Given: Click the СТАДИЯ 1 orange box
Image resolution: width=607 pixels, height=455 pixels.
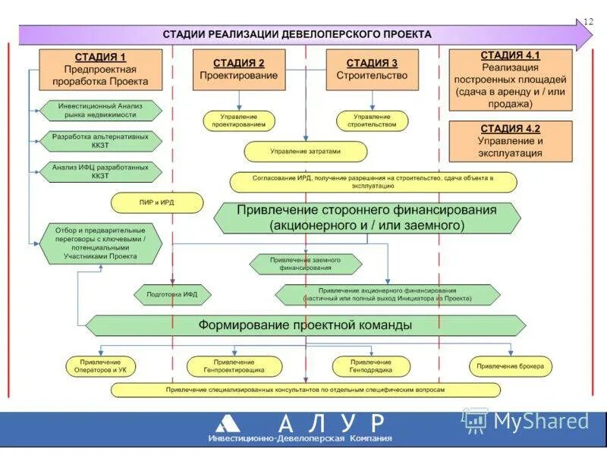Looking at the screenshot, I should [x=100, y=69].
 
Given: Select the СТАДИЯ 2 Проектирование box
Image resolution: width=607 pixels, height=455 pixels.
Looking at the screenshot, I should [x=238, y=70].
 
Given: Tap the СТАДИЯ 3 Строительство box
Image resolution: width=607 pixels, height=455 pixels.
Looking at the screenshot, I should [x=372, y=70].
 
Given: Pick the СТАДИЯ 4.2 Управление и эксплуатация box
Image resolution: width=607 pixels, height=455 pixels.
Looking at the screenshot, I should [x=510, y=141].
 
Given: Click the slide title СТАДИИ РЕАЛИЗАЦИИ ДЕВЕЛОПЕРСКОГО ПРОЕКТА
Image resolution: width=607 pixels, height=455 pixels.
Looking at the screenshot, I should [x=297, y=34].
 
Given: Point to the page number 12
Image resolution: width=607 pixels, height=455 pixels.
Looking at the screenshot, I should [x=587, y=22].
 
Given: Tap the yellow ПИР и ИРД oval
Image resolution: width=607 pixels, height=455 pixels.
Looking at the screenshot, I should [x=157, y=202].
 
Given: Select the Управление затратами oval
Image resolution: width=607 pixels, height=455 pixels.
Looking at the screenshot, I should [x=306, y=151].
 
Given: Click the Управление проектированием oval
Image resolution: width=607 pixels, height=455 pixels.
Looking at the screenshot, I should [x=238, y=121].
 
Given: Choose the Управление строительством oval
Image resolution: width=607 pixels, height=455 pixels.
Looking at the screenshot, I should [x=372, y=121].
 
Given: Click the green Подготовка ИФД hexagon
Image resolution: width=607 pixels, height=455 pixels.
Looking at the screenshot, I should [x=172, y=294].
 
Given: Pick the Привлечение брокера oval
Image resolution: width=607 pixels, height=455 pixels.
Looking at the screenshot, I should [x=511, y=366].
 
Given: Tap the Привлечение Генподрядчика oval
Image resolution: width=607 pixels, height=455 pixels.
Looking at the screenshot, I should [x=371, y=366].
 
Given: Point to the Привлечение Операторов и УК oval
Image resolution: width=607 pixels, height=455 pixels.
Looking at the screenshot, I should [x=101, y=366].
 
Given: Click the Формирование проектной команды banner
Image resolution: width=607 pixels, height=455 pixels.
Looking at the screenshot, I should [x=305, y=325].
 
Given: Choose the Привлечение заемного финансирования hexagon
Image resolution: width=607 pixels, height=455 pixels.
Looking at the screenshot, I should [x=305, y=263].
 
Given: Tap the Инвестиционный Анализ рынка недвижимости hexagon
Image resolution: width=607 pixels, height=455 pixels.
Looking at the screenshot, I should [x=101, y=110].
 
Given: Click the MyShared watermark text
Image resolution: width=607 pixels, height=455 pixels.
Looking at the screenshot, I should [x=540, y=421].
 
